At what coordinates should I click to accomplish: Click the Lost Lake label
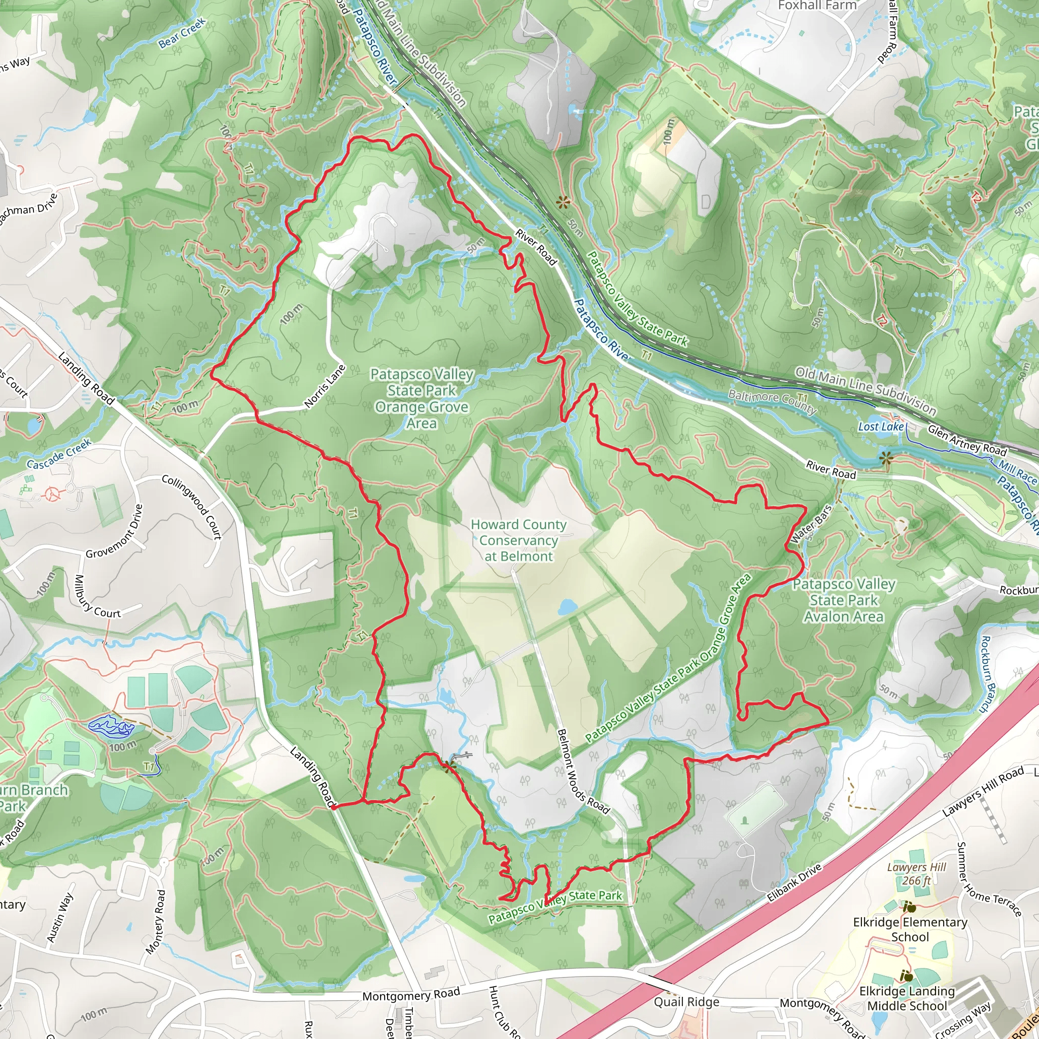(x=881, y=427)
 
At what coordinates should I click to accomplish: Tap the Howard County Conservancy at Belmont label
(x=518, y=540)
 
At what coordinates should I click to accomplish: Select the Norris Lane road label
(x=324, y=386)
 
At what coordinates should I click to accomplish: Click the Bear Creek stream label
(x=182, y=33)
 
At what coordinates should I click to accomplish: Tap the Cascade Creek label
(x=59, y=455)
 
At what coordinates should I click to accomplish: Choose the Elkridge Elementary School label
(x=910, y=929)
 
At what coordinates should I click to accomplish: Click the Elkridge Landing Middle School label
(x=907, y=998)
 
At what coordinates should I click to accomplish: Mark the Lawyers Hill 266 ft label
(x=916, y=874)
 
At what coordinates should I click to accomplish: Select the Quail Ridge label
(x=686, y=1002)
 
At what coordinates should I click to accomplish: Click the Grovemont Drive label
(x=115, y=531)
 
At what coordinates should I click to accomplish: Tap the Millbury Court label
(x=97, y=597)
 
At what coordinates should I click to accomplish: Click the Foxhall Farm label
(x=817, y=6)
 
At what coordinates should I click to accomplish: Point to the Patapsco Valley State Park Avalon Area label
(x=844, y=600)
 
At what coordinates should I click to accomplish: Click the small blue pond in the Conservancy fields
(x=567, y=608)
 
